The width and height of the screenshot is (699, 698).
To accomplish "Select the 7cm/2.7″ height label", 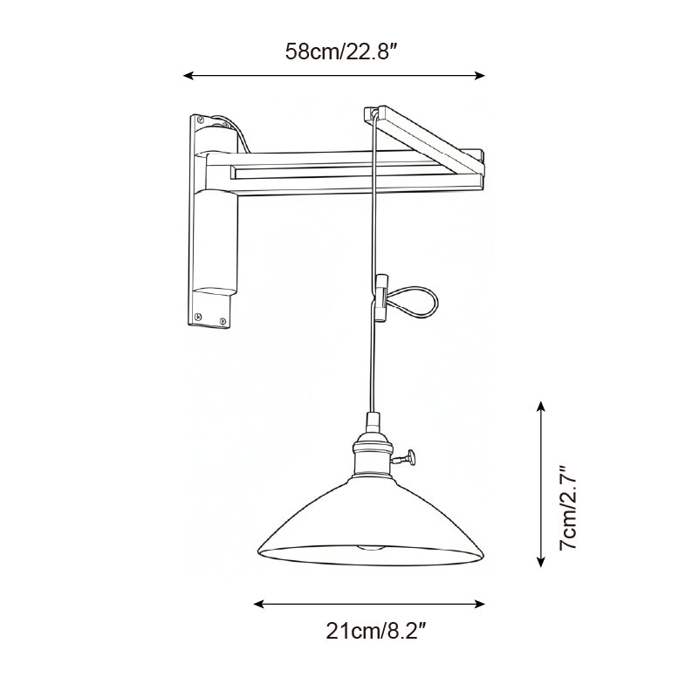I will [x=568, y=508].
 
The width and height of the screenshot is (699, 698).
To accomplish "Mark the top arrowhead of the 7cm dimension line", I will [x=541, y=407].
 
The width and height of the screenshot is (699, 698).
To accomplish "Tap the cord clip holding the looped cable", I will [x=380, y=297].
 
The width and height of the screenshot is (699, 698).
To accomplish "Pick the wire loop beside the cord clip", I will [x=415, y=302].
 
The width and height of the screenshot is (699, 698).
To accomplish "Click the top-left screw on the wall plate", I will [x=200, y=119].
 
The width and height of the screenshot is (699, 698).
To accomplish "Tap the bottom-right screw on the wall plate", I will [x=225, y=322].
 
